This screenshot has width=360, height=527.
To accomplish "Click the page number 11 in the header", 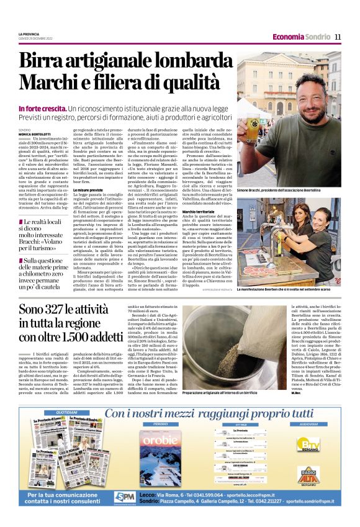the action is click(x=338, y=37).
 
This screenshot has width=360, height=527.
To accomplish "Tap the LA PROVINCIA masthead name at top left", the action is click(x=30, y=34).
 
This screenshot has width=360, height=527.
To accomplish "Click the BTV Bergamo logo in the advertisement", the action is click(x=308, y=445).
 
